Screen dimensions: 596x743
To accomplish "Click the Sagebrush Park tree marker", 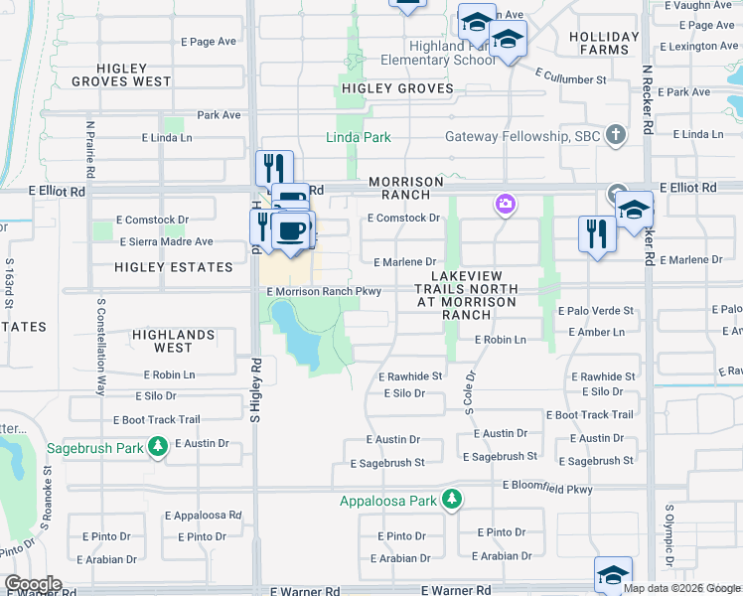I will click(157, 447).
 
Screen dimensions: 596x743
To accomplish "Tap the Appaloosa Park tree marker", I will click(452, 499).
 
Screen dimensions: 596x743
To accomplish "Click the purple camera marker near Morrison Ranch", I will click(506, 205).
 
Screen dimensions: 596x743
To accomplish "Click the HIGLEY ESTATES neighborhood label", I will click(174, 267).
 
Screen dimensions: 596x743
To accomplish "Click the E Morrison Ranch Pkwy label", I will click(324, 291).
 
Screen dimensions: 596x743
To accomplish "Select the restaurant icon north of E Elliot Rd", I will click(271, 167).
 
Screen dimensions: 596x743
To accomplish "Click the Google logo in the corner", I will click(32, 584).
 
